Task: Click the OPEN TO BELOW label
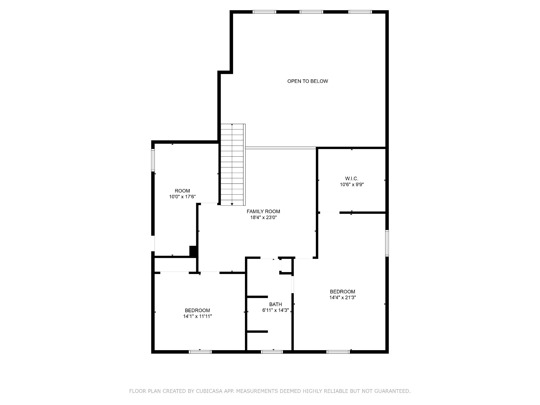point(307,81)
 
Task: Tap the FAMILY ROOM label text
point(263,211)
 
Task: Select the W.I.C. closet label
point(351,179)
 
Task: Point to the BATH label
point(276,304)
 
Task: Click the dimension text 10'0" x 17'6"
point(182,197)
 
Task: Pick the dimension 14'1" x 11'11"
point(197,316)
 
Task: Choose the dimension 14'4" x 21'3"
point(343,297)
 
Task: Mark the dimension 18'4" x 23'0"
point(263,218)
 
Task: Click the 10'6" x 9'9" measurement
point(352,185)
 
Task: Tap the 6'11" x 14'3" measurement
point(276,310)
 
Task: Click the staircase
point(232,165)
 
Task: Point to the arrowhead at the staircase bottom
point(232,204)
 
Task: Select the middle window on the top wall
point(311,12)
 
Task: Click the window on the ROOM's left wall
point(153,160)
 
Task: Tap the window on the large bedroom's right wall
point(387,243)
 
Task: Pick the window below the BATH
point(272,352)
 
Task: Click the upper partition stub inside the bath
point(257,297)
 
